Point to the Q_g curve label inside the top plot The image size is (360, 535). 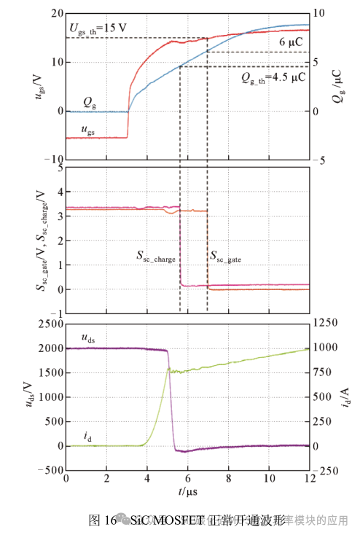pos(89,104)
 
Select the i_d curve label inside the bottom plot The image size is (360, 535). pos(87,436)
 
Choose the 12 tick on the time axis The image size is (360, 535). pos(309,478)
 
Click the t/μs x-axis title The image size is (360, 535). pos(188,492)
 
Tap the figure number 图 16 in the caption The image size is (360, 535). pos(102,520)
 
